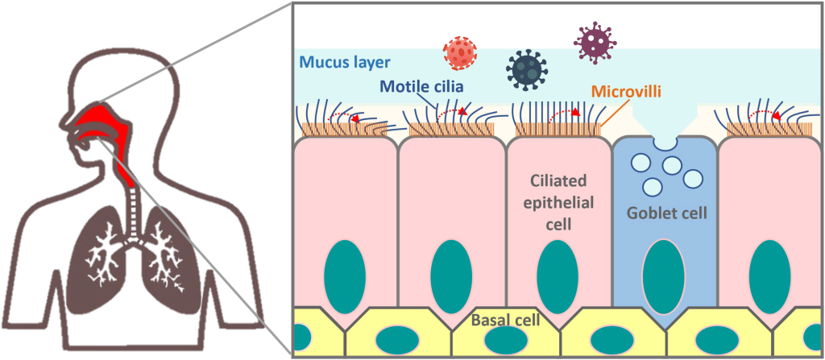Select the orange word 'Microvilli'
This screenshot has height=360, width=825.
click(626, 92)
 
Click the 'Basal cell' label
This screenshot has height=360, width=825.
click(506, 321)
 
